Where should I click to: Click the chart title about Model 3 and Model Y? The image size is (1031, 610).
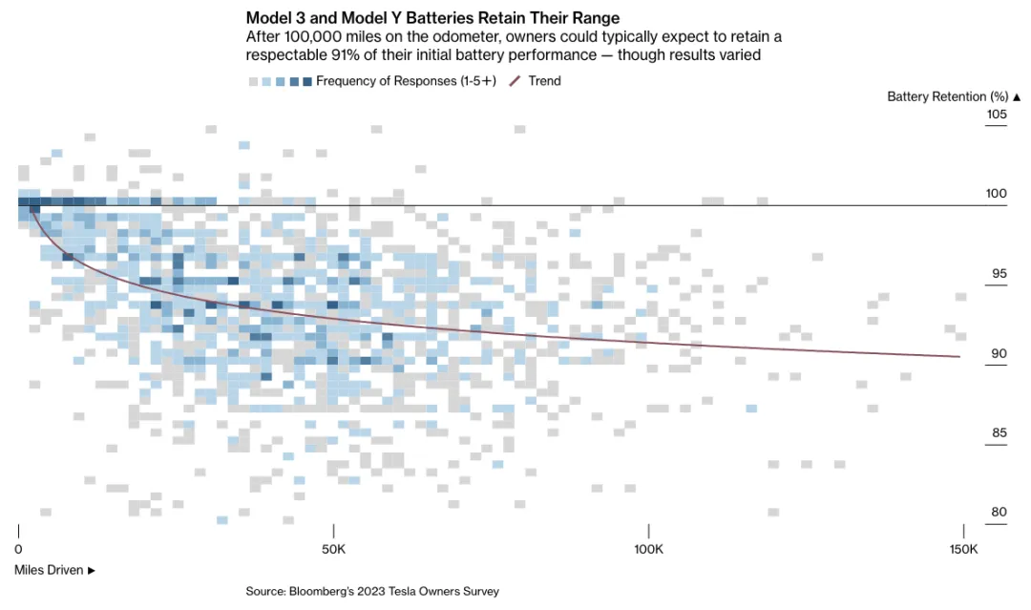pos(432,18)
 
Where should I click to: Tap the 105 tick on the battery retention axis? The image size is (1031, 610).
pos(996,115)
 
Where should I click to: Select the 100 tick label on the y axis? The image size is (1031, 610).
pos(996,194)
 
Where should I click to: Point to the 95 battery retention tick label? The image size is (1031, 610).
pos(998,274)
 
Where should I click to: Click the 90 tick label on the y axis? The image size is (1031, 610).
pos(998,353)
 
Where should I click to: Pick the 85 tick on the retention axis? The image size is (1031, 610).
pos(998,432)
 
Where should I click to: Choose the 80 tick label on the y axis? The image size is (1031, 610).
pos(998,512)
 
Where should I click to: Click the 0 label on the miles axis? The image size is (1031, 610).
pos(19,550)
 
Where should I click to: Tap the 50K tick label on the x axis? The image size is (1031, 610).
pos(333,550)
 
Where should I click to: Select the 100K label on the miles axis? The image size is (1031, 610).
pos(648,550)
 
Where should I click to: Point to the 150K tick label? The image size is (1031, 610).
pos(963,550)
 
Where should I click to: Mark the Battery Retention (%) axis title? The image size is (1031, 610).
pos(954,96)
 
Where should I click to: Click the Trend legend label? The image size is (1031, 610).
pos(544,81)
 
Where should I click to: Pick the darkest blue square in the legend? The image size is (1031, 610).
pos(306,81)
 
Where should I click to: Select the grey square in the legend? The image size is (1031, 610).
pos(253,81)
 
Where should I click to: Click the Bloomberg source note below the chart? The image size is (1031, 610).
pos(372,591)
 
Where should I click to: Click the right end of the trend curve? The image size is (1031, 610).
pos(959,356)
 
